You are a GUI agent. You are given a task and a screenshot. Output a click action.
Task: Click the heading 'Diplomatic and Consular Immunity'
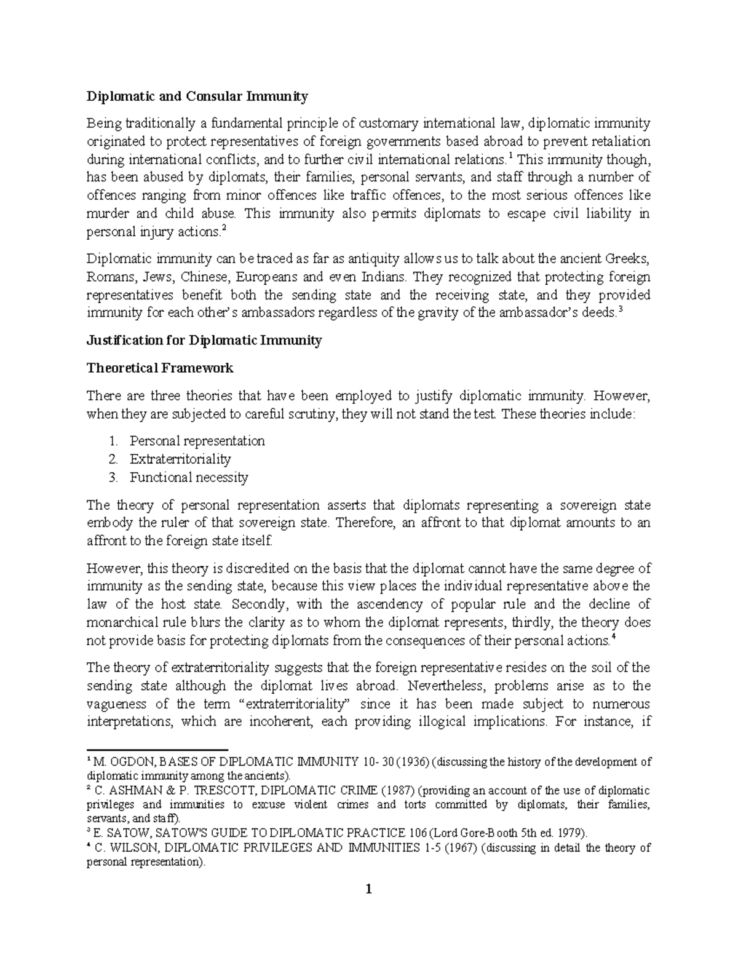coord(197,97)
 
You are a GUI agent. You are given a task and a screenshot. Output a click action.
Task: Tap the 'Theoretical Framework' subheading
coord(160,368)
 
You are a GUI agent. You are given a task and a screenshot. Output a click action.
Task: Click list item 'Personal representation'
coord(197,441)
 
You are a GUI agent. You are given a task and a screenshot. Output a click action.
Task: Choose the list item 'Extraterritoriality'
coord(180,459)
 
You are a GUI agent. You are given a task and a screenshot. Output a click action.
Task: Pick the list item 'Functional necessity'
coord(189,477)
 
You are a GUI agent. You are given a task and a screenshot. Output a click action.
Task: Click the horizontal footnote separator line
coord(157,750)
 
